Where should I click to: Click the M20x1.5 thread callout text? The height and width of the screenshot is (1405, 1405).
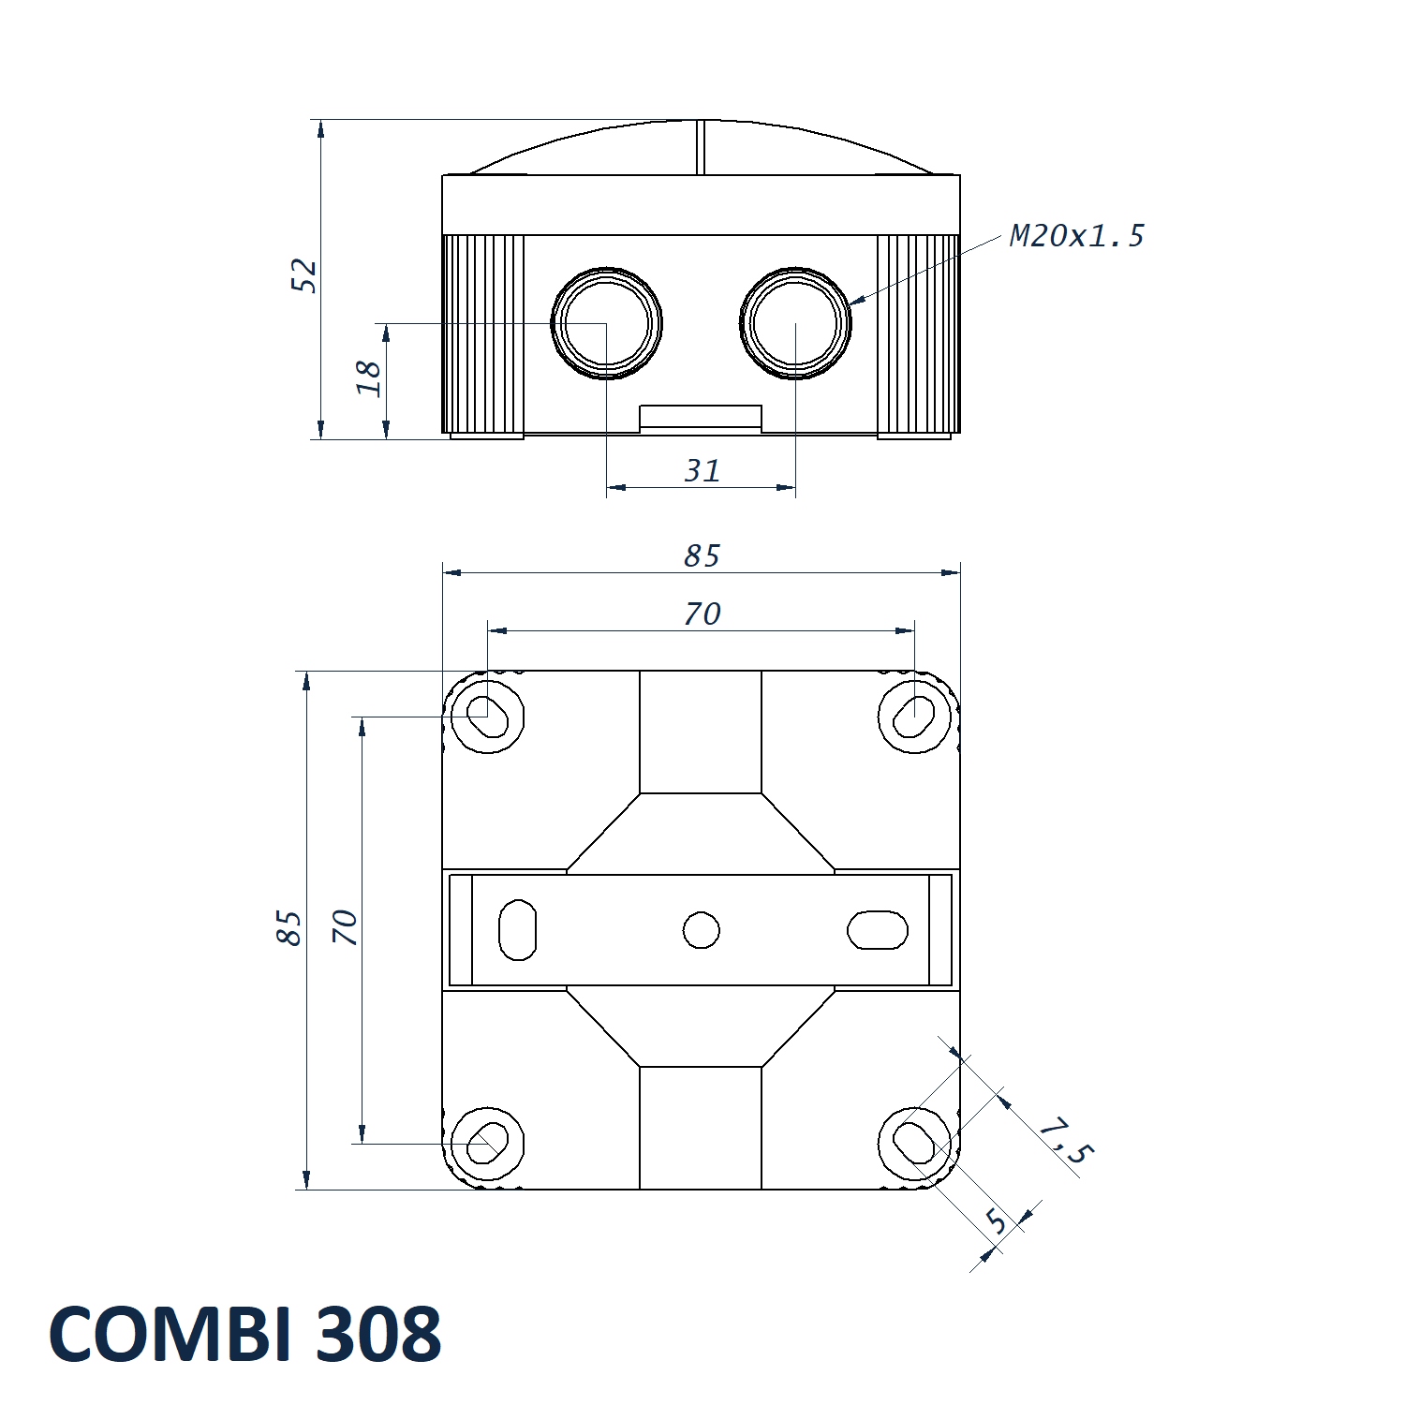click(1077, 236)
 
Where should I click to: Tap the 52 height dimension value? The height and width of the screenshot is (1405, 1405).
click(304, 275)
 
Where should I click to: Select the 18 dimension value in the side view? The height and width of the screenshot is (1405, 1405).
click(369, 378)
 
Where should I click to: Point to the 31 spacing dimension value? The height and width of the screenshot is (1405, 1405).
click(702, 470)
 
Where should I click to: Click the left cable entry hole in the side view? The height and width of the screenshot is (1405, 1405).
click(607, 323)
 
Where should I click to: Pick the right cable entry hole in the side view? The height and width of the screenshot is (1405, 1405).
click(795, 323)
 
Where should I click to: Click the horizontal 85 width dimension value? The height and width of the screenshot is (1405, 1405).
click(702, 555)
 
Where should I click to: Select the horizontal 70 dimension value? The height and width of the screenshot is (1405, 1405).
click(702, 614)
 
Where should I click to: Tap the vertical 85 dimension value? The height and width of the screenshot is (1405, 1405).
click(289, 928)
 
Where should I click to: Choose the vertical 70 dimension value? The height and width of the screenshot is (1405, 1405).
click(345, 927)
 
